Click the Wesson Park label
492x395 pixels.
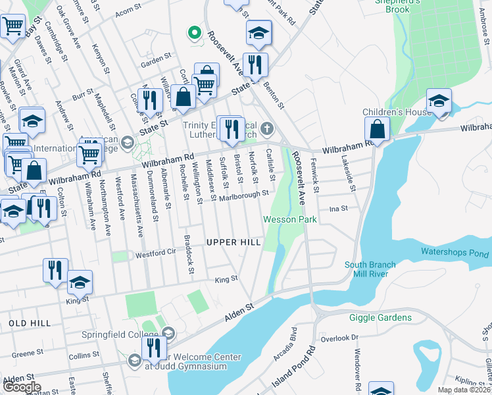click(290, 219)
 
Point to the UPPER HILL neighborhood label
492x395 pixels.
click(234, 242)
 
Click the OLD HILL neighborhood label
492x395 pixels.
click(30, 323)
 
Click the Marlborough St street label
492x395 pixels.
click(244, 194)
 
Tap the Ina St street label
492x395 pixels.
click(337, 208)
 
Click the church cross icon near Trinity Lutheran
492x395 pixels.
click(267, 127)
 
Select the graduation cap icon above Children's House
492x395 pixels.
click(439, 101)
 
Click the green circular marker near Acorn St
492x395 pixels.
click(194, 31)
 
